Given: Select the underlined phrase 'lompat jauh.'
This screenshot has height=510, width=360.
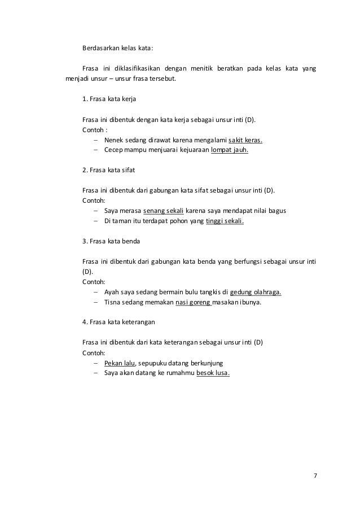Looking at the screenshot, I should click(229, 150).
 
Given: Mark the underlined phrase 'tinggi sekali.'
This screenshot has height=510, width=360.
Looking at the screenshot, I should click(225, 221).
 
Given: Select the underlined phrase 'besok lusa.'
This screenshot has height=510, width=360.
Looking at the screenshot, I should click(213, 373).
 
